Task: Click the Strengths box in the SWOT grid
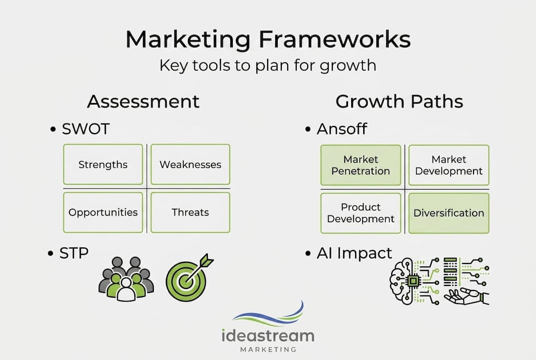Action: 103,164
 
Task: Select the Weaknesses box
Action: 190,164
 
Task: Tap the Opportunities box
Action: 103,212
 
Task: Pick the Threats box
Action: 190,212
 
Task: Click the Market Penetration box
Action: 360,165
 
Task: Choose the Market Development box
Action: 449,165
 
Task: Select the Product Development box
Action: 360,213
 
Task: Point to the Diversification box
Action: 449,213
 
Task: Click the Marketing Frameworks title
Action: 268,39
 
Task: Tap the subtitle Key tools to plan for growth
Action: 268,65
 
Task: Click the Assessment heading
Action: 143,101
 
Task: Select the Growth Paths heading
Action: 399,101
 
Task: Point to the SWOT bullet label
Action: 85,129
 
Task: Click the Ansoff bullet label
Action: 342,129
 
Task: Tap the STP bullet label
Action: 74,253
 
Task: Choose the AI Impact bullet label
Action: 354,253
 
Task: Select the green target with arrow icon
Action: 187,278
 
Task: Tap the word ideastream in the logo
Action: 268,335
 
